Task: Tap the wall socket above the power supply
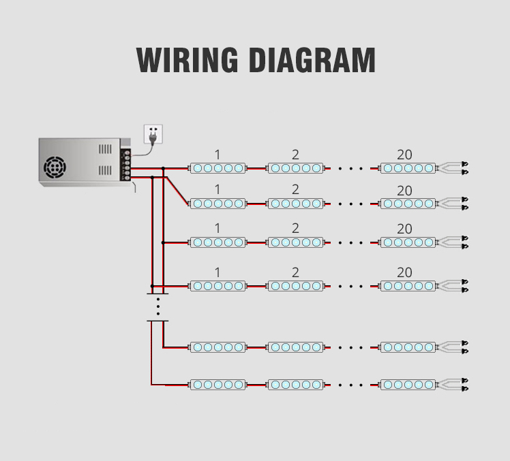coord(155,133)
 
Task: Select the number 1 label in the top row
coord(217,155)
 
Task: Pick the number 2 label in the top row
coord(295,155)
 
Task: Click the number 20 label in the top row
coord(404,155)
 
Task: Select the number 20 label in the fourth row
coord(404,272)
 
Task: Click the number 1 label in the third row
coord(217,228)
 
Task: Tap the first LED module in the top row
coord(217,168)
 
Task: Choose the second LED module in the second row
coord(295,204)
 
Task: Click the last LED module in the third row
coord(408,242)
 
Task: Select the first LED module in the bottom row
coord(217,385)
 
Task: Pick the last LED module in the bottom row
coord(408,385)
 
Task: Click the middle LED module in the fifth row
coord(295,347)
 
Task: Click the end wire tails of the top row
coord(454,168)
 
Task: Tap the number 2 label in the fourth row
coord(295,272)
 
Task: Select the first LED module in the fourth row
coord(217,286)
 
